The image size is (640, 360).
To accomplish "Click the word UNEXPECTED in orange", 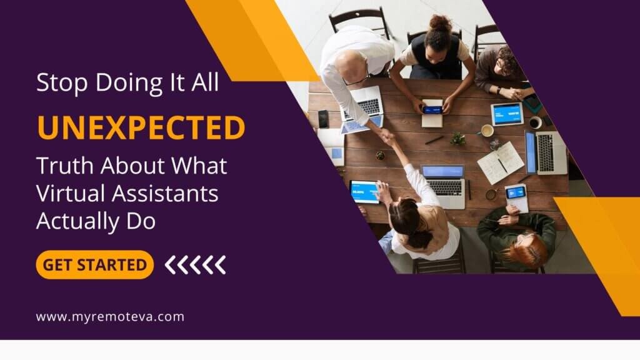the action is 141,127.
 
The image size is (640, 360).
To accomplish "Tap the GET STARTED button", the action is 95,265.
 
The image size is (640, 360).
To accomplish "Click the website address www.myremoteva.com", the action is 110,317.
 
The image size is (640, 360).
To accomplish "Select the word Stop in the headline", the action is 62,83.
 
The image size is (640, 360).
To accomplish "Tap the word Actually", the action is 78,221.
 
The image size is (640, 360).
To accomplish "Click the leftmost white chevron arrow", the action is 171,265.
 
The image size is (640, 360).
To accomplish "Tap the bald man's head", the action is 352,64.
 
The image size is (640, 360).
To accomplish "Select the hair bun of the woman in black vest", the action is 440,23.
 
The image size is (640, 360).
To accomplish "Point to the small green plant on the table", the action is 458,139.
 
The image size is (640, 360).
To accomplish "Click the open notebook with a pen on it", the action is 501,162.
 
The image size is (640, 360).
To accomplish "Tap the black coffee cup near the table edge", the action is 535,122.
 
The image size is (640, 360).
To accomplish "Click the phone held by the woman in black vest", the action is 432,109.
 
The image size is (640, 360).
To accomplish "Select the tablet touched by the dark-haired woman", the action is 364,191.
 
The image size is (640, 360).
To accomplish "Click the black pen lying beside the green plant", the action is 434,140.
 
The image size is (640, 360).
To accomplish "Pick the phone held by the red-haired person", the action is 515,192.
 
